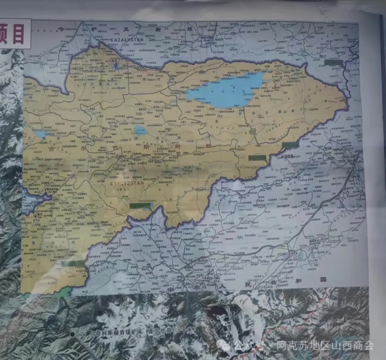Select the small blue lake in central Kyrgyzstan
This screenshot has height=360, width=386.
tap(141, 131)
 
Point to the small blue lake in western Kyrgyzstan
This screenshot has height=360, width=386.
tap(40, 134)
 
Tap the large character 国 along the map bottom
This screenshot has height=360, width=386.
tap(323, 279)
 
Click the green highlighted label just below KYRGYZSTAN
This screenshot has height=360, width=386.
tap(141, 206)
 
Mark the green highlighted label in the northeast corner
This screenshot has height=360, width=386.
tap(333, 63)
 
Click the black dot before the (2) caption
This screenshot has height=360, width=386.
tap(73, 333)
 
